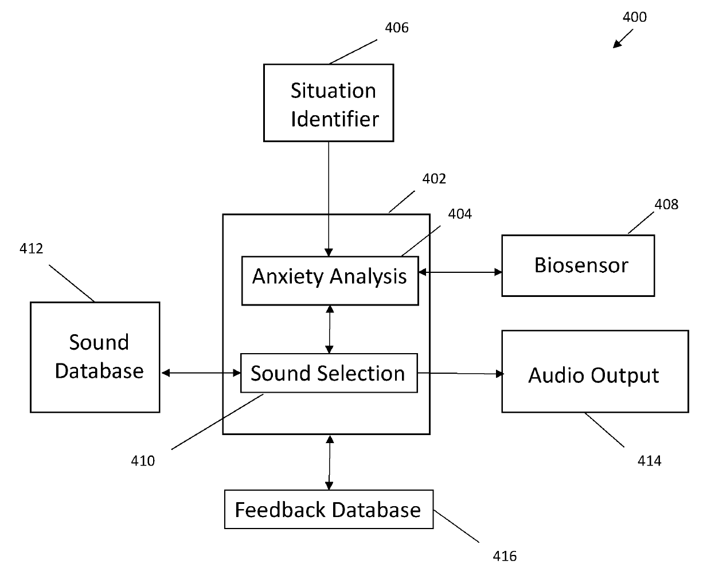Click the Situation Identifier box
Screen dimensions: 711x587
point(329,103)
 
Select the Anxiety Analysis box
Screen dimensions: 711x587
point(330,281)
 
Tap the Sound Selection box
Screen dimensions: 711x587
point(329,373)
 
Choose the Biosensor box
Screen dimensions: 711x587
point(578,265)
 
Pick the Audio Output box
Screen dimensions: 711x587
point(595,371)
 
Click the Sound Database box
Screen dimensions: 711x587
point(95,357)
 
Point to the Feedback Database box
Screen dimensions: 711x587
point(329,510)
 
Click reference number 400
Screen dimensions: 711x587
point(635,17)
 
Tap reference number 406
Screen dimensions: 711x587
point(397,28)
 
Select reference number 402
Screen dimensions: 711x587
point(434,179)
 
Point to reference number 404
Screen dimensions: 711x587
point(460,214)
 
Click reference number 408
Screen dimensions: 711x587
point(666,205)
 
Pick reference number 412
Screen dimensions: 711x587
point(32,249)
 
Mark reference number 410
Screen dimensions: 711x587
point(143,461)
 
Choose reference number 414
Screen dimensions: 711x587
point(650,461)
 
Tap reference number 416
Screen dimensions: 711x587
point(505,557)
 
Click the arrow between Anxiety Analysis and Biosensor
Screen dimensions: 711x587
point(460,272)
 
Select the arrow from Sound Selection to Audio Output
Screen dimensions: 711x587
point(461,374)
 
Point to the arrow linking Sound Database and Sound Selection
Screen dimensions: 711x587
point(201,373)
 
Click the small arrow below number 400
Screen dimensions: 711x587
point(623,38)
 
